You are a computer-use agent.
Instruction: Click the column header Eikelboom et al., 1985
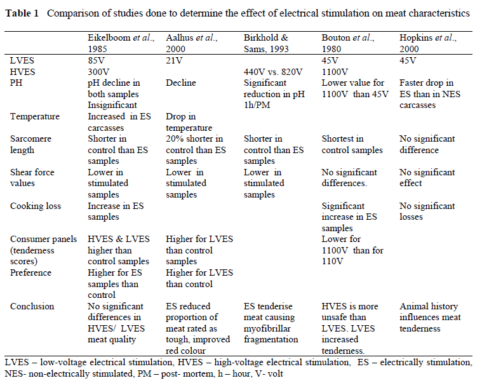[120, 43]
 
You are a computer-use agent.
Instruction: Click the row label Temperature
[35, 117]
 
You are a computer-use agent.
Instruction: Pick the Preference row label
[31, 272]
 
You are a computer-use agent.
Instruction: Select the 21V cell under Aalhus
[175, 61]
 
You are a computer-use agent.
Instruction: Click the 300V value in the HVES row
[98, 72]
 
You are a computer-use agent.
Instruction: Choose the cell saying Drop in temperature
[191, 122]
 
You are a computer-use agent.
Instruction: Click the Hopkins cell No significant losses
[427, 211]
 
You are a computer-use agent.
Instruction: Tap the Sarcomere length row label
[31, 144]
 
